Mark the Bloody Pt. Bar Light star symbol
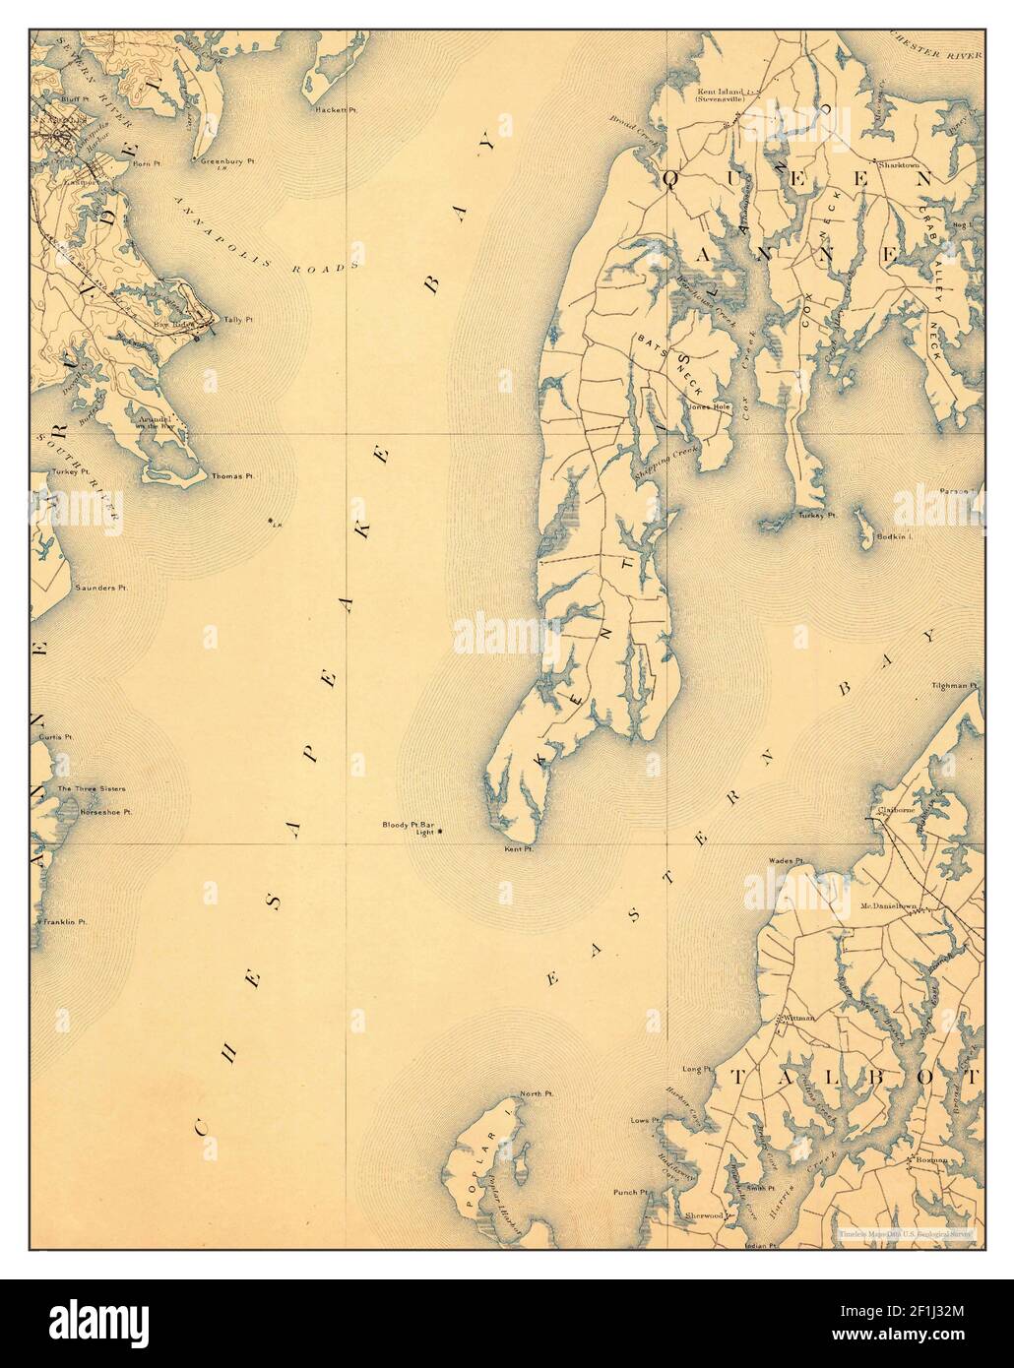(440, 833)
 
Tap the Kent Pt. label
(518, 848)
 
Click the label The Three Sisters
(91, 789)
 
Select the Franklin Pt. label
(65, 922)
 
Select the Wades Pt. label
(788, 859)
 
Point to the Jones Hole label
(710, 406)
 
